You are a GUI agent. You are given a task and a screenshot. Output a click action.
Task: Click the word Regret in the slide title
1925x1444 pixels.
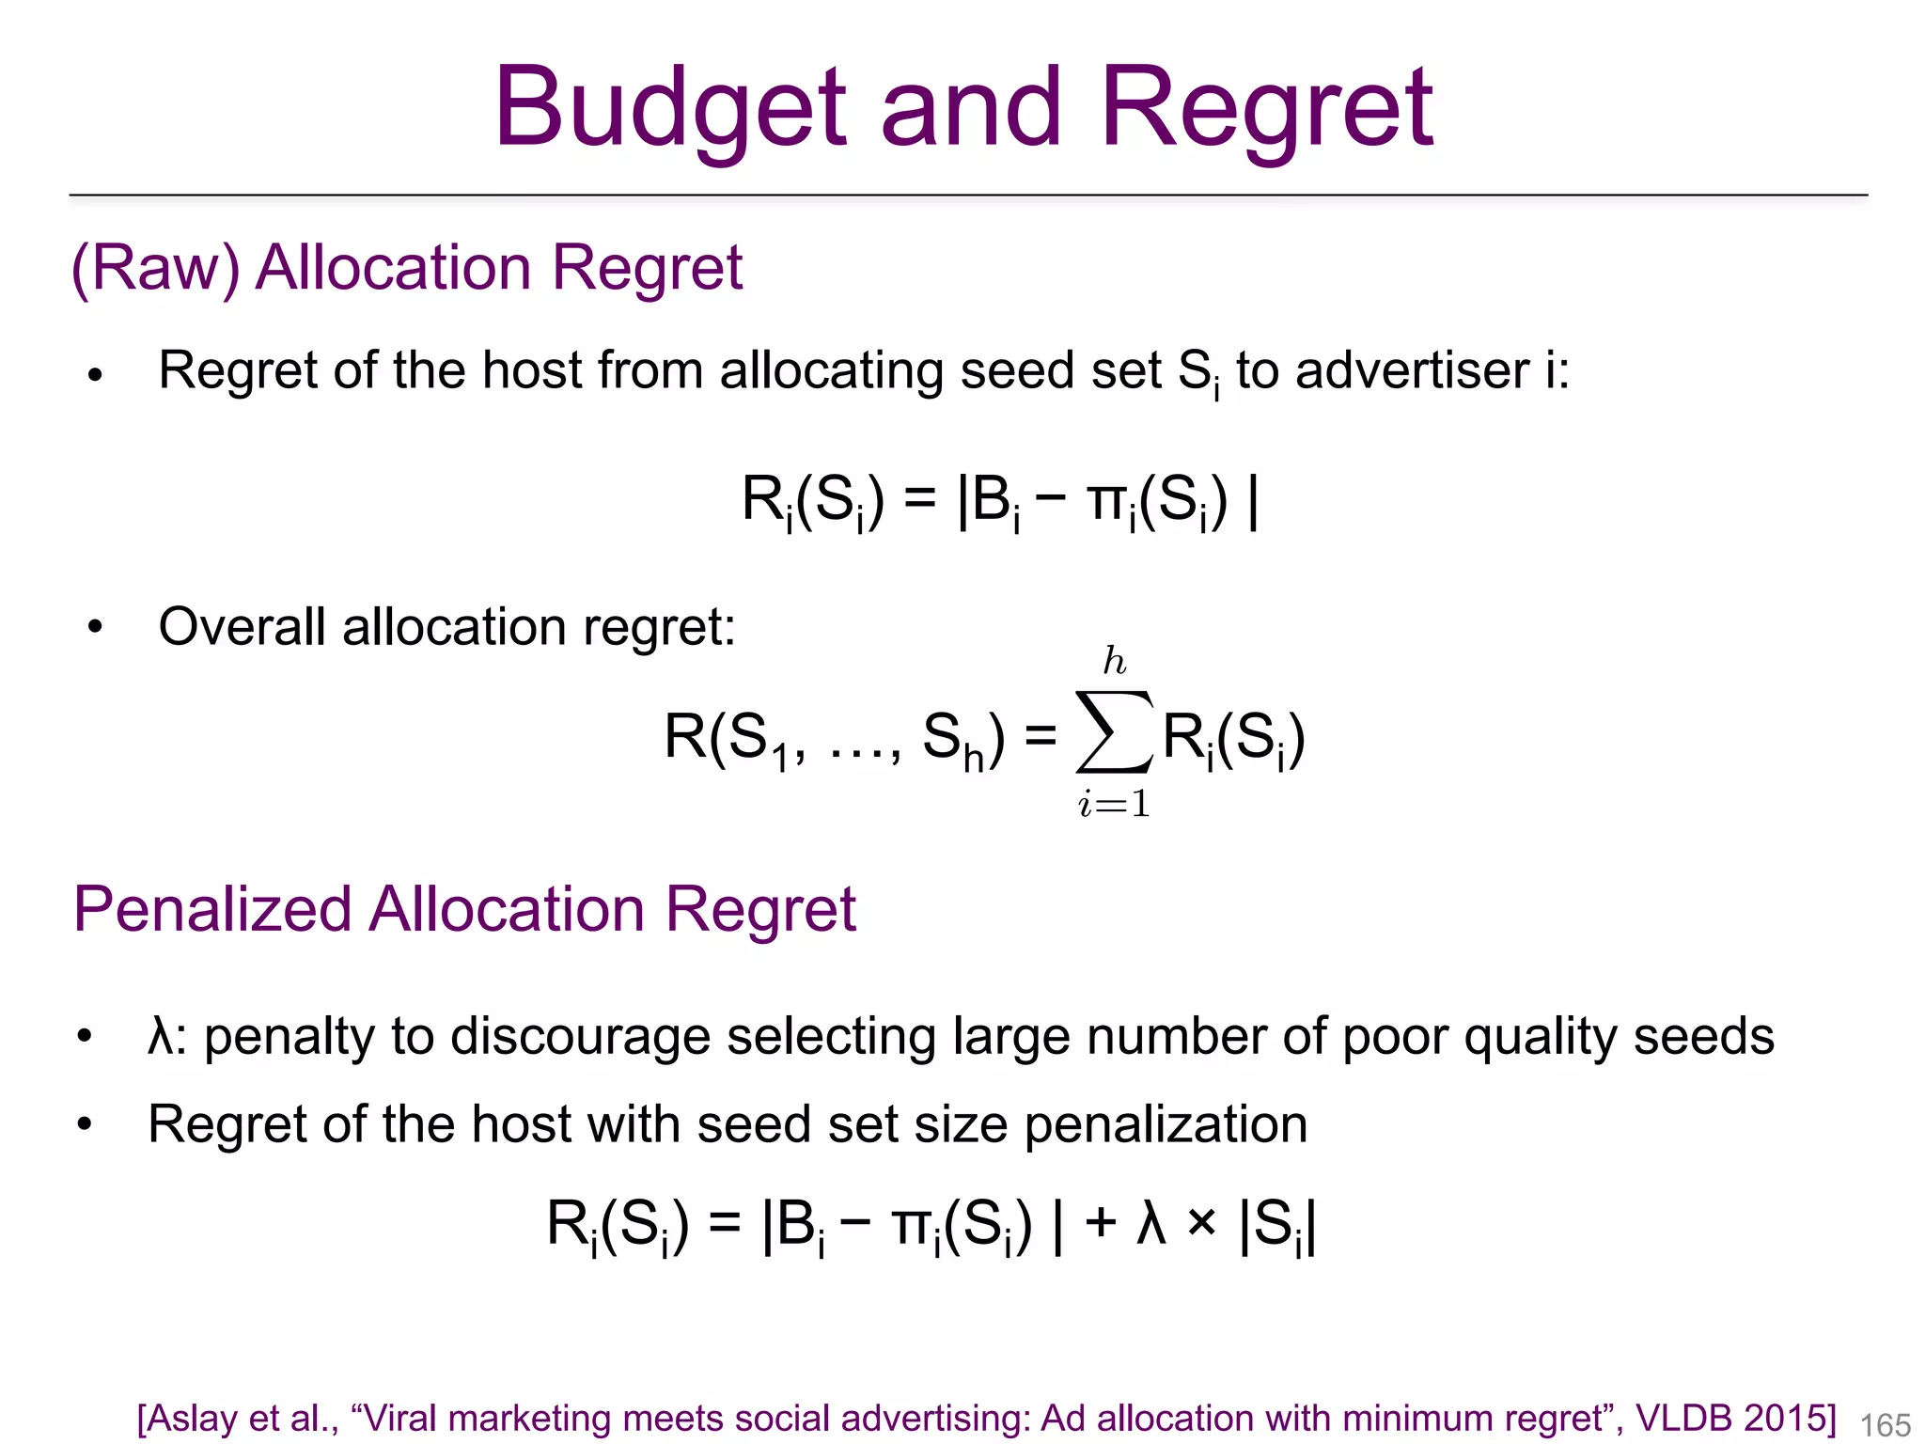[x=1266, y=107]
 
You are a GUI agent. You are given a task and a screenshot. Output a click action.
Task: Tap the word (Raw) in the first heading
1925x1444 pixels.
[x=155, y=268]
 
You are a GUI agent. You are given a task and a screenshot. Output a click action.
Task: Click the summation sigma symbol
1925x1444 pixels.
[x=1115, y=732]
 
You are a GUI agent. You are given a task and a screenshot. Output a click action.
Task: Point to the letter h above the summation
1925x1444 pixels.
[x=1115, y=662]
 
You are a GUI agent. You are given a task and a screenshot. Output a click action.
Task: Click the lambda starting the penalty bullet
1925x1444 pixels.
[x=161, y=1036]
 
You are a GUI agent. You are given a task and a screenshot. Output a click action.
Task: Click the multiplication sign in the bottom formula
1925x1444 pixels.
[x=1201, y=1223]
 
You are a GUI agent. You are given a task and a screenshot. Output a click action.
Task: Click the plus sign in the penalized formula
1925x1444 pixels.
[x=1100, y=1223]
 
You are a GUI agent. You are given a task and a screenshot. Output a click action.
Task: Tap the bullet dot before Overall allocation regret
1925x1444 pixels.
[x=94, y=627]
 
